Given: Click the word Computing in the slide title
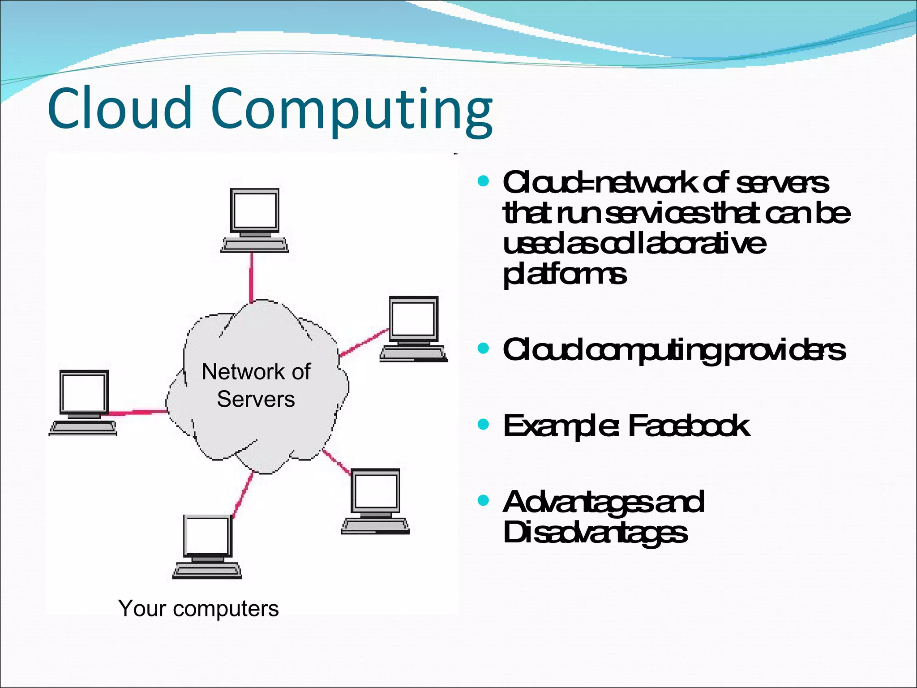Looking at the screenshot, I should (351, 110).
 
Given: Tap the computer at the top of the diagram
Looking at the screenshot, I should (255, 219).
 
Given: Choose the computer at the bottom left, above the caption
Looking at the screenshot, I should (207, 546).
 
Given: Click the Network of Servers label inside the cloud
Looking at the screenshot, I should (256, 385).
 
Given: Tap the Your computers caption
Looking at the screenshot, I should (198, 608).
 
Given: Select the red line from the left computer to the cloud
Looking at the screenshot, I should (137, 412).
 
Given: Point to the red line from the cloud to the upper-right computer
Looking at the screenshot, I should (364, 343).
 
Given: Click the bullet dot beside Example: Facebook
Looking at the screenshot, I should (483, 424).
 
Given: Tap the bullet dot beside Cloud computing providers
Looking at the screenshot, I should (483, 348).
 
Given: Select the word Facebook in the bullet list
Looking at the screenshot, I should (689, 426).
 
